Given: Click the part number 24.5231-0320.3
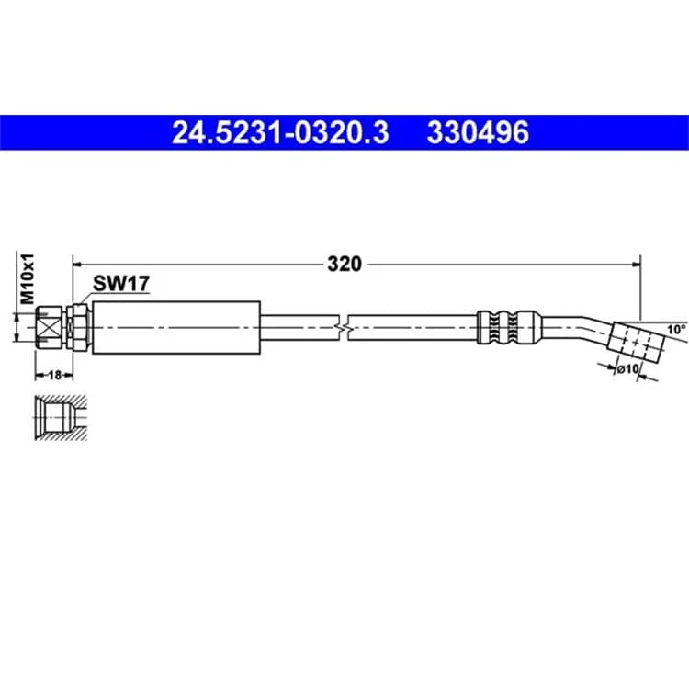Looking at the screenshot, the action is click(x=280, y=132).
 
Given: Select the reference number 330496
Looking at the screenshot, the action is click(x=478, y=132).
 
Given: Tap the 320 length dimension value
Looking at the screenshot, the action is click(x=344, y=264).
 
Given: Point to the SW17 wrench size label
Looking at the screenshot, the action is click(x=121, y=284).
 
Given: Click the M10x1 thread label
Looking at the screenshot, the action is click(x=28, y=278).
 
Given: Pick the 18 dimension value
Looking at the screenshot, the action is click(x=54, y=375).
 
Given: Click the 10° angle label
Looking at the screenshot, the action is click(x=676, y=330).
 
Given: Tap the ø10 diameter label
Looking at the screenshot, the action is click(x=627, y=369).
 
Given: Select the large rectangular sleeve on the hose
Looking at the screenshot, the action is click(x=176, y=328).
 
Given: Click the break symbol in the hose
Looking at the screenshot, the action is click(x=344, y=328).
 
